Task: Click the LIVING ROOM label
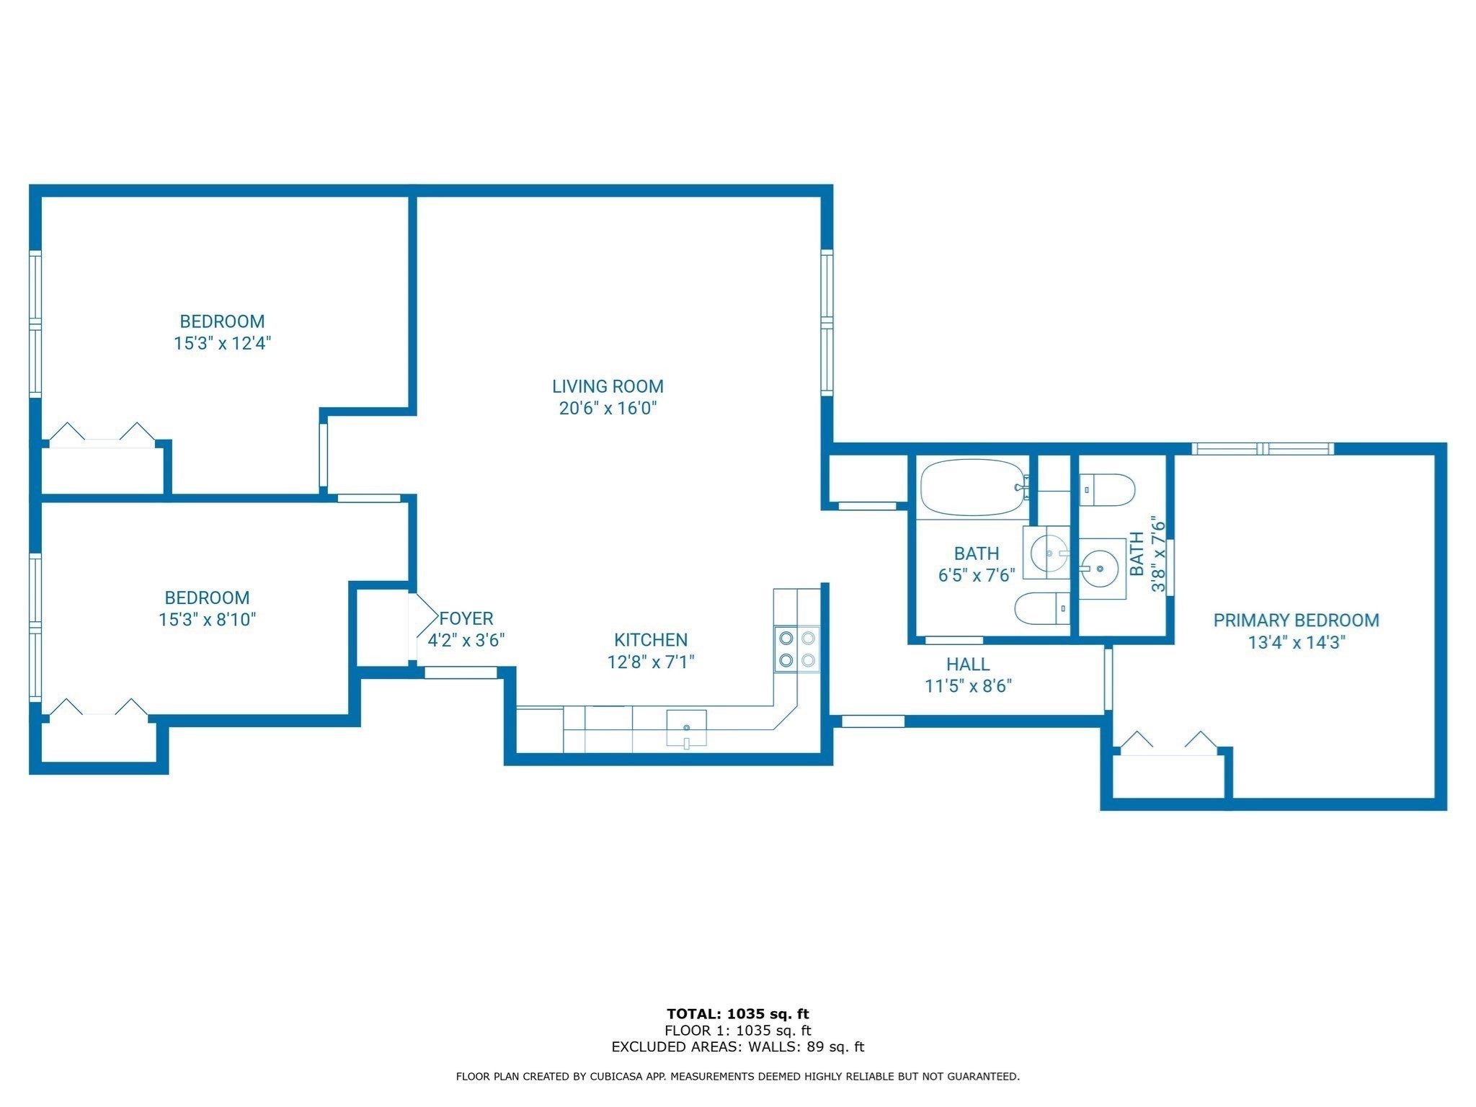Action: (x=608, y=386)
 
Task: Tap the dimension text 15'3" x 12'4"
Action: (x=222, y=343)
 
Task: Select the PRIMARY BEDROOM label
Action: (x=1296, y=621)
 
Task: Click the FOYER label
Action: (x=466, y=618)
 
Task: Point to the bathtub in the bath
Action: (x=973, y=487)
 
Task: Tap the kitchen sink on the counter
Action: (x=686, y=728)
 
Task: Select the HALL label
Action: (x=968, y=664)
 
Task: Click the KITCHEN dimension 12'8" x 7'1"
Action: (x=651, y=662)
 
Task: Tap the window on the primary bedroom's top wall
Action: (x=1263, y=449)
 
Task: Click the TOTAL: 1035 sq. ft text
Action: (x=737, y=1014)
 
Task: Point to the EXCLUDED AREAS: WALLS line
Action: (x=737, y=1047)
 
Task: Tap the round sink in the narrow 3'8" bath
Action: (x=1100, y=569)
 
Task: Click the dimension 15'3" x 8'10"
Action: (x=208, y=620)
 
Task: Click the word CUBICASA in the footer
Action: (x=616, y=1077)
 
